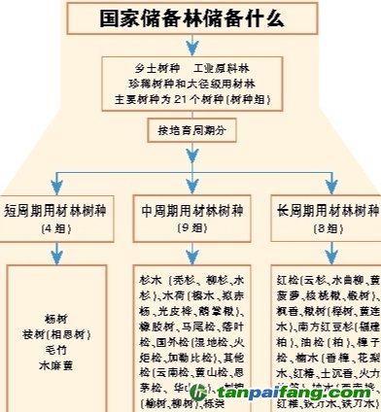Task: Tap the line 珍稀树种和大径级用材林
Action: coord(190,85)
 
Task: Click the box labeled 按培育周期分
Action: coord(190,129)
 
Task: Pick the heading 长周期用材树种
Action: coord(326,210)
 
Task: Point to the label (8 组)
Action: coord(326,229)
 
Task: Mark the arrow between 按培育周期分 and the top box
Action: coord(190,113)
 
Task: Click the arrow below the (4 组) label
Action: coord(56,251)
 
